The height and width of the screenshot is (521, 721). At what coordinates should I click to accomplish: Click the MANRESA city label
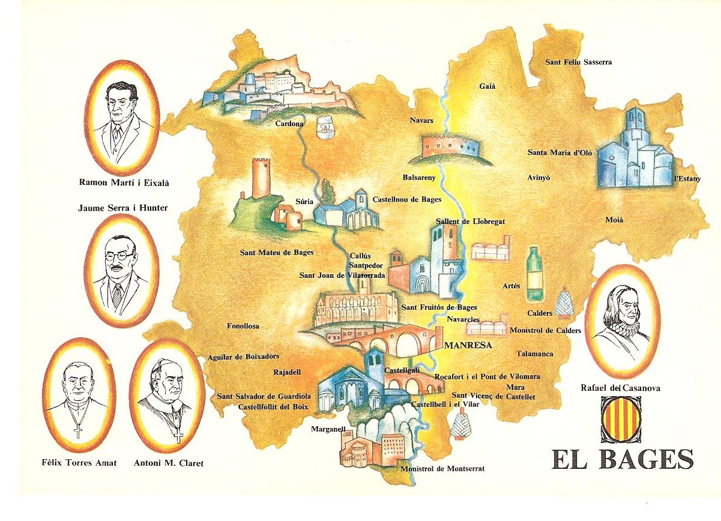point(468,345)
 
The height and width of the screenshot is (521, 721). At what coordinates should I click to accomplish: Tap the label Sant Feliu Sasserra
point(578,62)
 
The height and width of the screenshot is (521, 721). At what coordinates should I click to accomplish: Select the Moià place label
point(614,220)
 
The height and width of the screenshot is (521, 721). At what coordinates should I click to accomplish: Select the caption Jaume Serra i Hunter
point(122,208)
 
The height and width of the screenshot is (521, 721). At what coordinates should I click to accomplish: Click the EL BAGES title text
point(622,460)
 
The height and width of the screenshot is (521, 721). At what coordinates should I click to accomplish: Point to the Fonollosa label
point(243,326)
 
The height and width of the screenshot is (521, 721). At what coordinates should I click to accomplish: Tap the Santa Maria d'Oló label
point(560,152)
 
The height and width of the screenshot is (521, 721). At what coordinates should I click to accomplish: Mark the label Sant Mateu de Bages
point(276,253)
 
